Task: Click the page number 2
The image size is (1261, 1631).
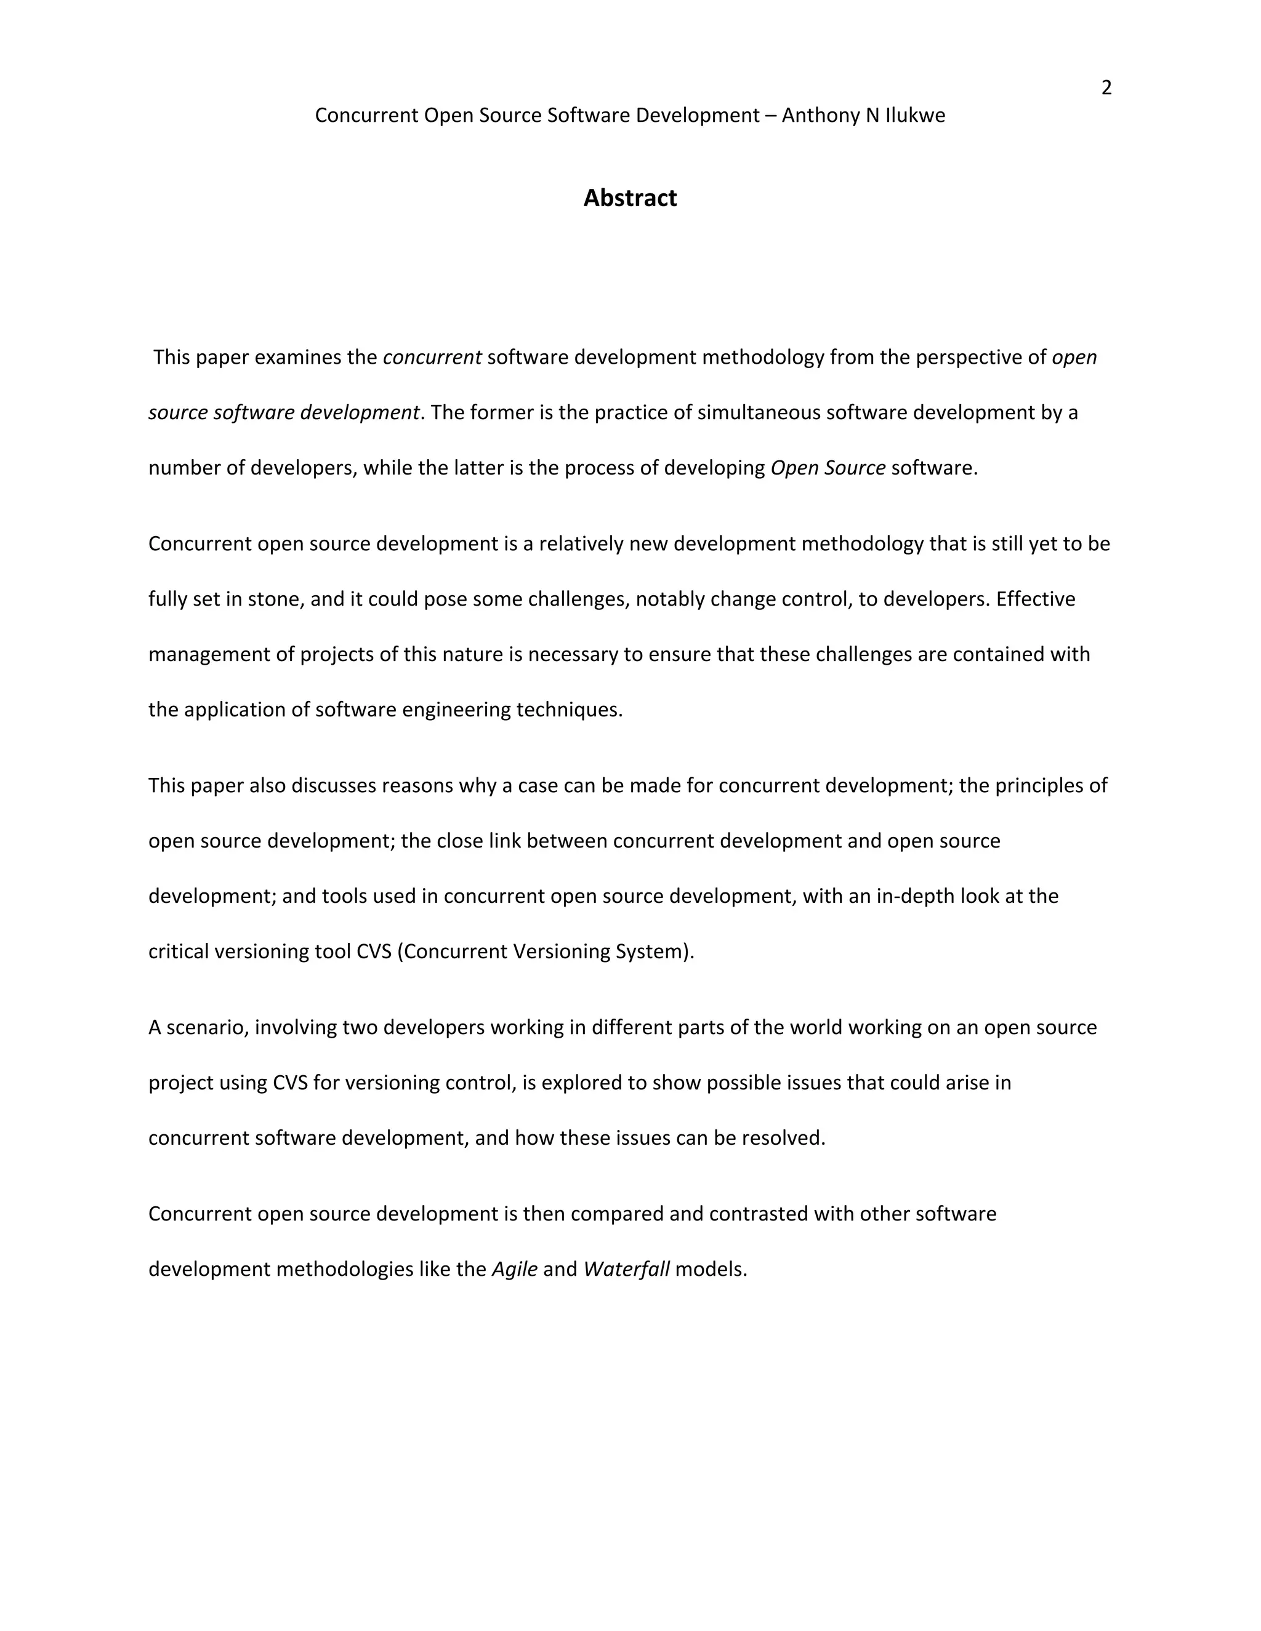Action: (1106, 88)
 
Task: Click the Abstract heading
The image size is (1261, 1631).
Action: (630, 198)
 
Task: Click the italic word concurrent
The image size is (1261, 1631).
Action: (432, 358)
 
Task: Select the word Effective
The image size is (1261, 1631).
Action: (1036, 599)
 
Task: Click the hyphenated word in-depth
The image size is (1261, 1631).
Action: (914, 896)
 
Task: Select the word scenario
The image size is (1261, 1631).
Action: (207, 1028)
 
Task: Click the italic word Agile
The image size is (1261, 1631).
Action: (515, 1270)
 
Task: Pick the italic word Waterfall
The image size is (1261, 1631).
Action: (626, 1270)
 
